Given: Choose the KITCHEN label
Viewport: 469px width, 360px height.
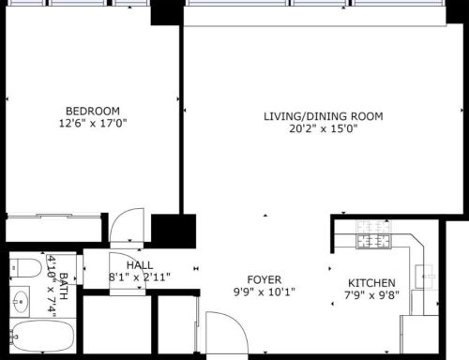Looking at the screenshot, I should pos(371,283).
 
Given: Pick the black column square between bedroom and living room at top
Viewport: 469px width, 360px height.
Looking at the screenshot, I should pos(167,11).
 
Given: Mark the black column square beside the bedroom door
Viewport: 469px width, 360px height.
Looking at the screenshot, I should pos(172,230).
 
